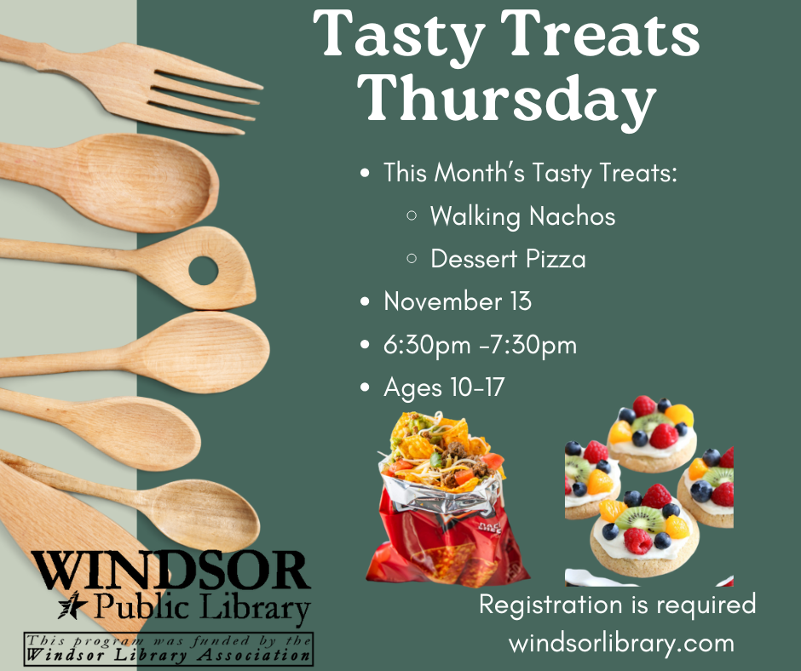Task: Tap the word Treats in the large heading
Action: pos(596,36)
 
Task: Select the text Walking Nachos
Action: pos(522,215)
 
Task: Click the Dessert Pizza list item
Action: pos(508,258)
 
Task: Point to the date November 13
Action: pos(458,301)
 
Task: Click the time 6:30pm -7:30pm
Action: pos(480,345)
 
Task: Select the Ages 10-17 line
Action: pos(444,387)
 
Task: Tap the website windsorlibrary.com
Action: pos(621,642)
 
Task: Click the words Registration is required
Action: pos(617,605)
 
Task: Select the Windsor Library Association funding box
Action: pos(168,649)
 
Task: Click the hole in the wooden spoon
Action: pos(203,271)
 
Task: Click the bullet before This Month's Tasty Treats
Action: pos(366,173)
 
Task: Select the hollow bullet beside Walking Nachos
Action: pos(412,216)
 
